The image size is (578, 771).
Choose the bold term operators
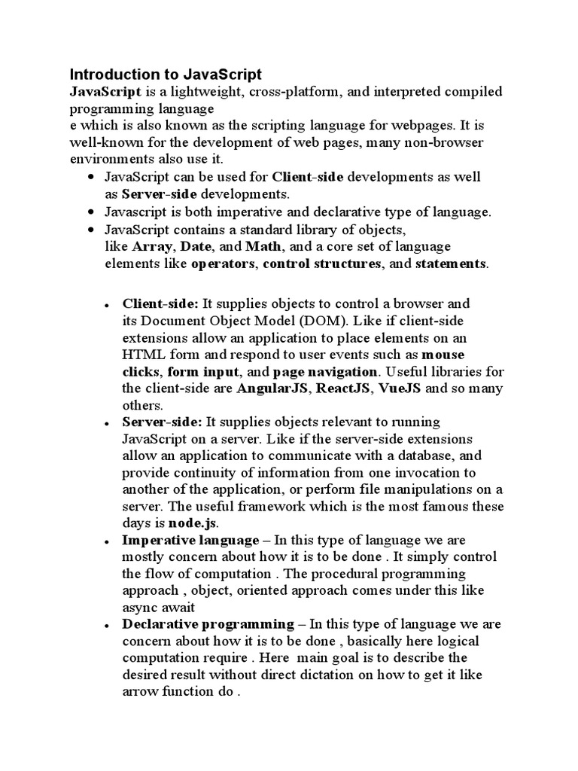point(224,264)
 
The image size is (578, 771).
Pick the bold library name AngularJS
point(273,389)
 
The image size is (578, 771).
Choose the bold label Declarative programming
point(208,624)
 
